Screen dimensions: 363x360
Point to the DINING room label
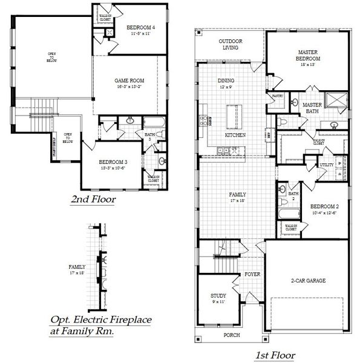pyautogui.click(x=226, y=80)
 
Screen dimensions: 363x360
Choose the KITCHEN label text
pyautogui.click(x=234, y=136)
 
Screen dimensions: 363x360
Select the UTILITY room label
pyautogui.click(x=327, y=165)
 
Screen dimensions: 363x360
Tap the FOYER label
pyautogui.click(x=252, y=274)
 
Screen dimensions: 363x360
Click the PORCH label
pyautogui.click(x=231, y=335)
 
